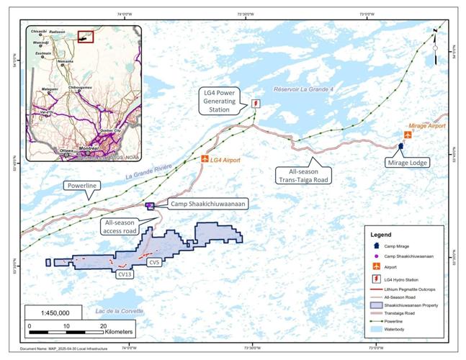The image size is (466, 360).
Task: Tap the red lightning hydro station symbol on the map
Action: [x=256, y=103]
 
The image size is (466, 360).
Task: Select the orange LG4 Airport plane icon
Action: [x=205, y=158]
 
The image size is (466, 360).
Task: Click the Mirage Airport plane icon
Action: [x=408, y=135]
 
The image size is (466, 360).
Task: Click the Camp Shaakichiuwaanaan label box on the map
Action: [x=208, y=204]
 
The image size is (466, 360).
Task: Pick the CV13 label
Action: [x=125, y=274]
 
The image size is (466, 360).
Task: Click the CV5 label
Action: [x=154, y=263]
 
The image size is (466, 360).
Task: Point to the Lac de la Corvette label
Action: [x=119, y=311]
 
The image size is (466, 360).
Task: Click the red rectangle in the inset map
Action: [x=86, y=36]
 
